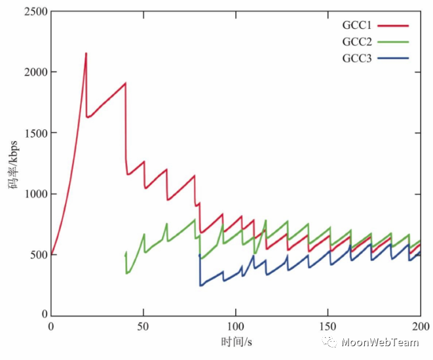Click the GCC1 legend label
click(x=356, y=26)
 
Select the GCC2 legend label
click(x=356, y=42)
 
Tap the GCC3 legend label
click(x=356, y=58)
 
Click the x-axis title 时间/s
click(x=236, y=342)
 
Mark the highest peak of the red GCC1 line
click(x=86, y=53)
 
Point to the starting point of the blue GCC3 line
click(x=199, y=255)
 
